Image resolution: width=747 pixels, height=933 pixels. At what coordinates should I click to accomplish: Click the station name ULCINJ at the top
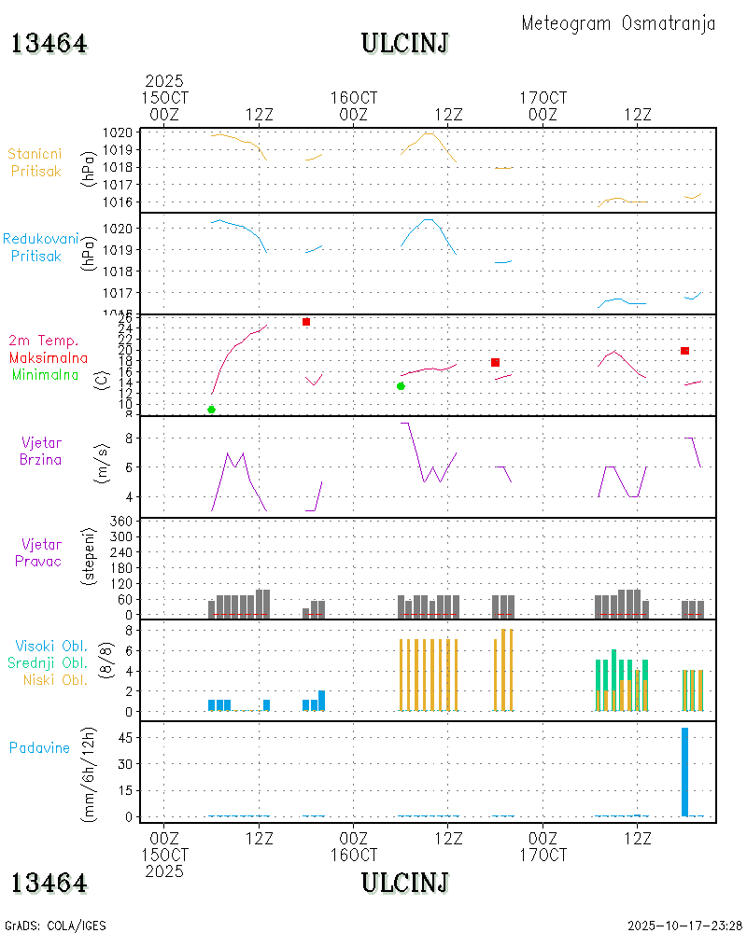[x=405, y=43]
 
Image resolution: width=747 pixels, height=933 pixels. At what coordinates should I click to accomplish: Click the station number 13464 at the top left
[x=49, y=43]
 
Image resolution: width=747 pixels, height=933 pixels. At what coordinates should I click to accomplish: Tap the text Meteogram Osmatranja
[x=618, y=23]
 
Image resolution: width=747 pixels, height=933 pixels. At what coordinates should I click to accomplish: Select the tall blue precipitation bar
[x=684, y=772]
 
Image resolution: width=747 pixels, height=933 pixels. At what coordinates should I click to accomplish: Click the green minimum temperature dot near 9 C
[x=211, y=410]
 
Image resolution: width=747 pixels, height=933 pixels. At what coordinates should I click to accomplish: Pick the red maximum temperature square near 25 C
[x=306, y=322]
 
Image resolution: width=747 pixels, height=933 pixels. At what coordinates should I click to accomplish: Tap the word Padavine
[x=39, y=747]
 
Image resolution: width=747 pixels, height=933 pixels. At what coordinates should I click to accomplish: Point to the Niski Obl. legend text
[x=52, y=679]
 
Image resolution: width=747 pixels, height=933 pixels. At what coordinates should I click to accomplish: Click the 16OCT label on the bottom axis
[x=353, y=855]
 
